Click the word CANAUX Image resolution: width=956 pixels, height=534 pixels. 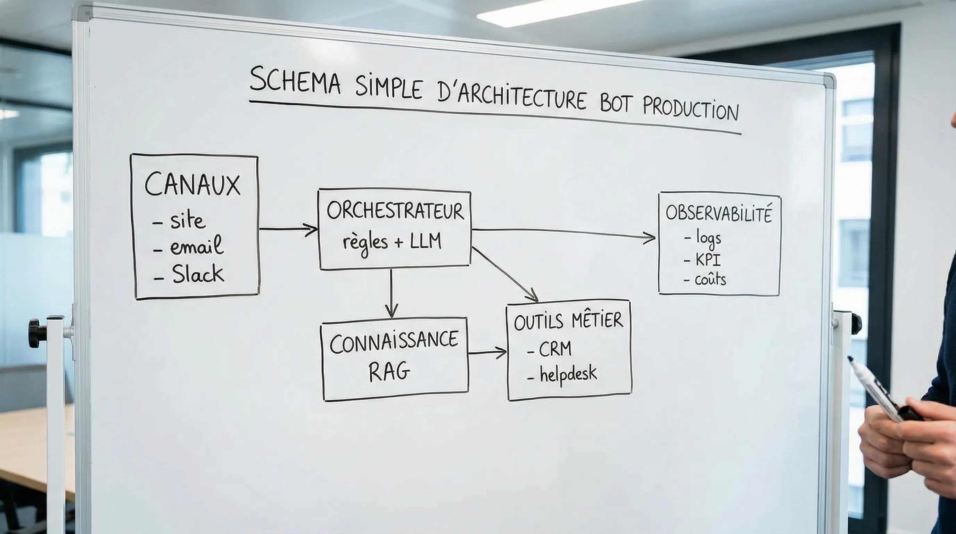192,185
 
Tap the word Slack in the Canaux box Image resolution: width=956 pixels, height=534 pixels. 198,275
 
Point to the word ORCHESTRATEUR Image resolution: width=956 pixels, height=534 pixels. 395,211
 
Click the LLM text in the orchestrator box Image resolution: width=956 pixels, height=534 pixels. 426,242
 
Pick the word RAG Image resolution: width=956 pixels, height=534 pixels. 389,371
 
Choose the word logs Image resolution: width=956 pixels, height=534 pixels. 708,238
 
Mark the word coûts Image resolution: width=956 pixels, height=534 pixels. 710,279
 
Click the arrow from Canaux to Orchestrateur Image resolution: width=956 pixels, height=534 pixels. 288,229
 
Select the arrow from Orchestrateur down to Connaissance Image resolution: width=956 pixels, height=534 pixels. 391,293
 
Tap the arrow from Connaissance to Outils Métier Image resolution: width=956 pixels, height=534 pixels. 487,353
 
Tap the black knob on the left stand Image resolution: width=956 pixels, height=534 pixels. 36,333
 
